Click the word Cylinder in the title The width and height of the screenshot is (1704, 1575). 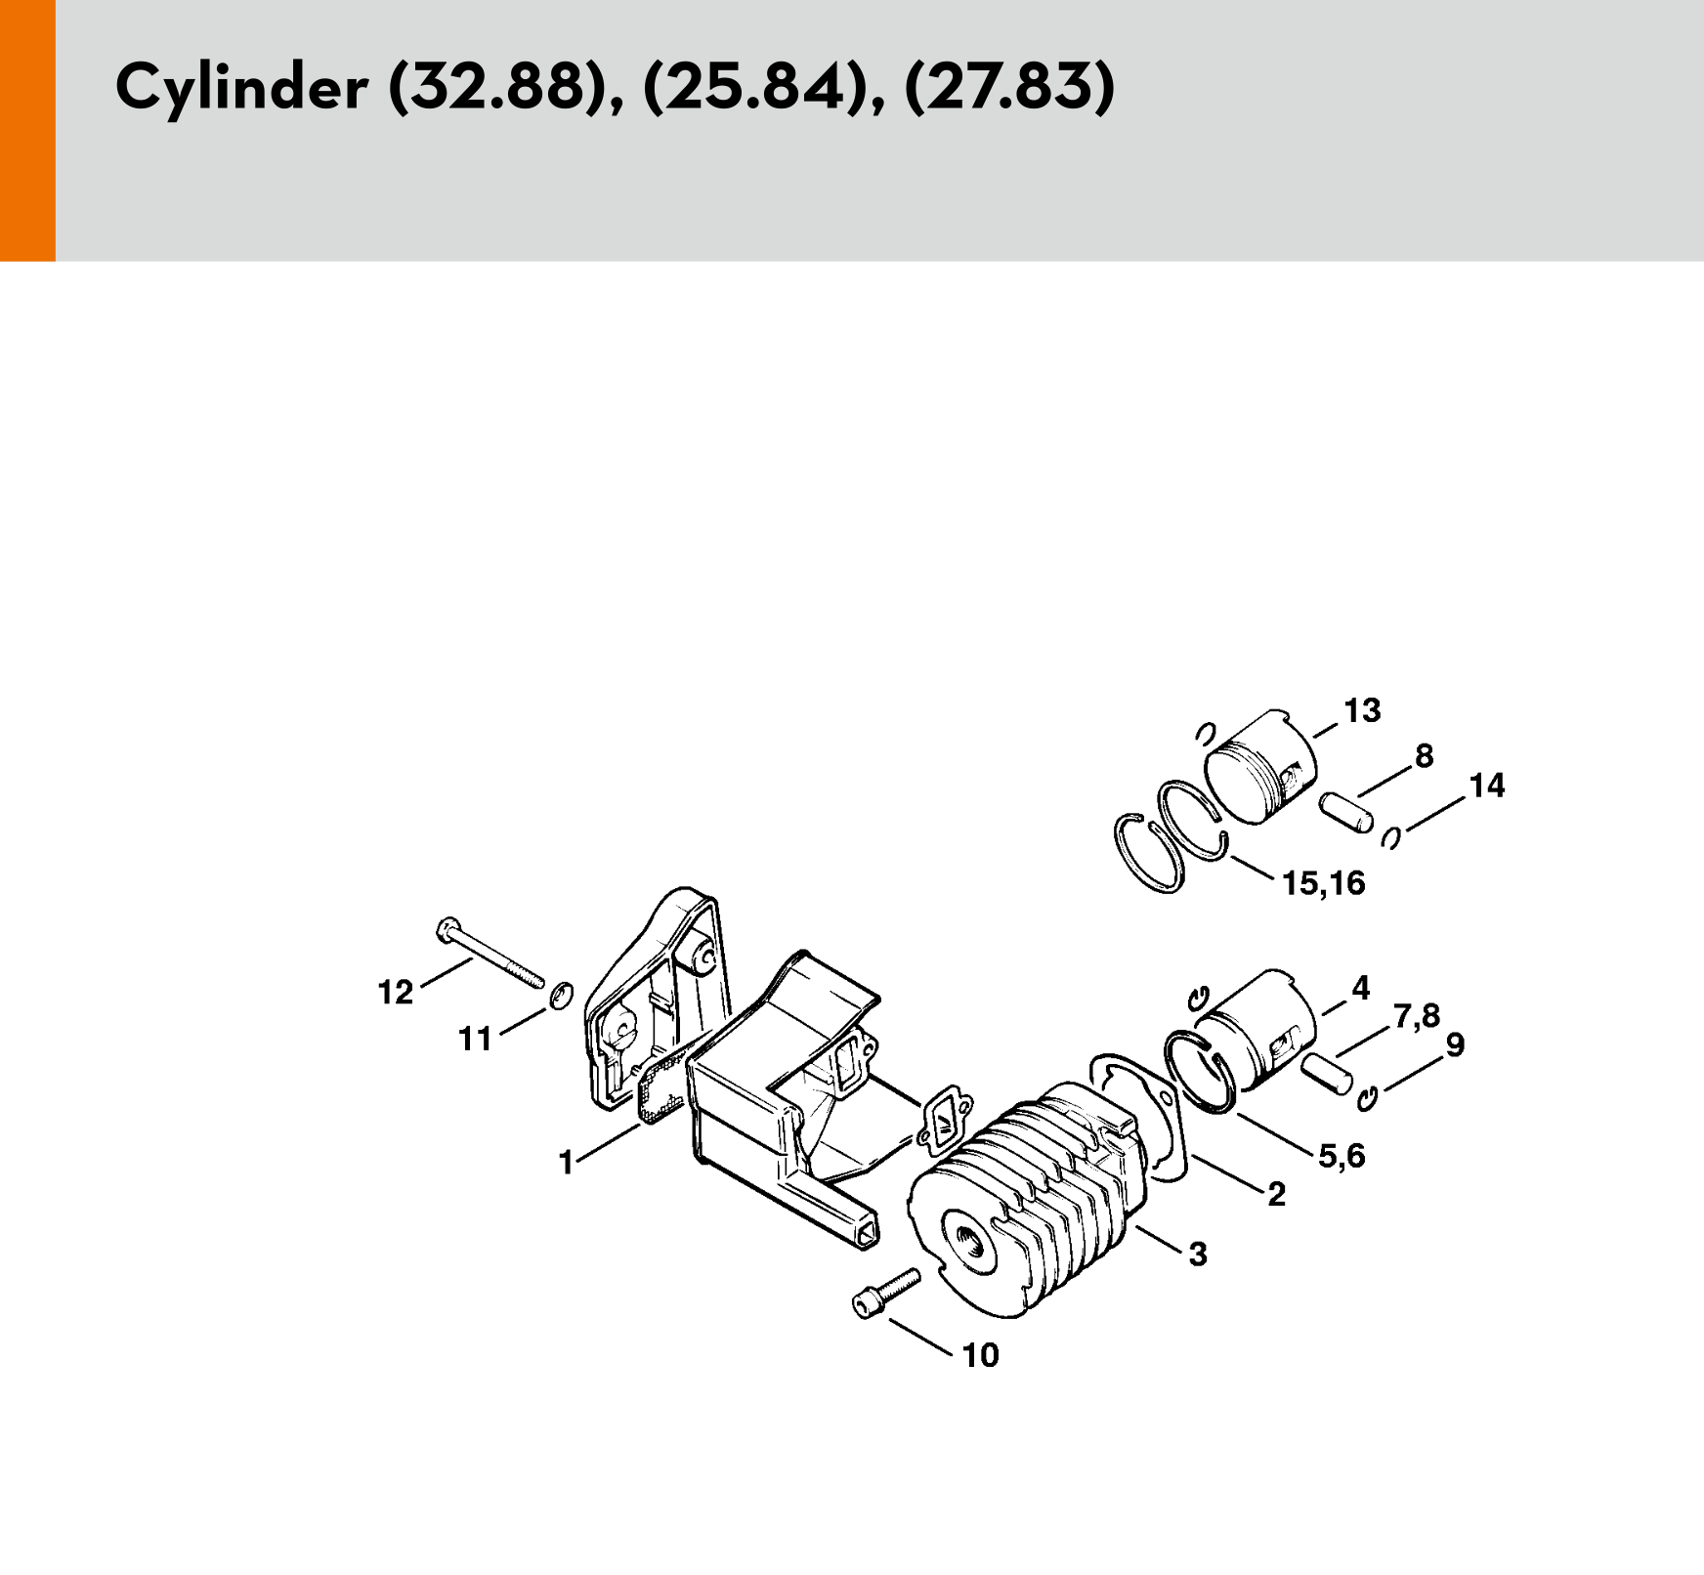click(241, 88)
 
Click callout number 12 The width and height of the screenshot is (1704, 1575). click(396, 993)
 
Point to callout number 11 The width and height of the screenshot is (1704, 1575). click(476, 1040)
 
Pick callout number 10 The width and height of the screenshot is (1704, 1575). click(981, 1355)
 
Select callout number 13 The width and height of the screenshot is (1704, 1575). click(1362, 710)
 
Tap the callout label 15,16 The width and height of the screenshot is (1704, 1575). click(1323, 883)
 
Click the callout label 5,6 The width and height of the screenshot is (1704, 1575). click(1342, 1157)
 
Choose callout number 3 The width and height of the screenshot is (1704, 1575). click(1198, 1254)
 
